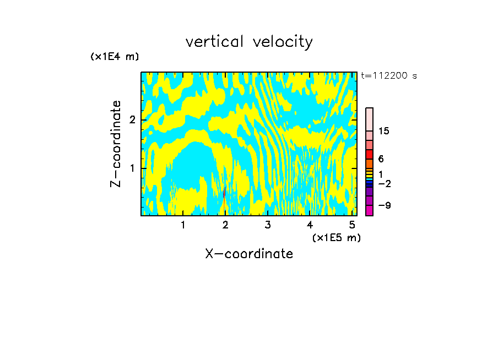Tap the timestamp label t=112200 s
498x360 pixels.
click(x=389, y=76)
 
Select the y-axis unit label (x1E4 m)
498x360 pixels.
click(x=115, y=57)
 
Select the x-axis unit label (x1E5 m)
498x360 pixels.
click(x=336, y=237)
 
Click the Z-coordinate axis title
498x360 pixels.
click(x=116, y=144)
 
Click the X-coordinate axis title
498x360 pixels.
click(x=249, y=254)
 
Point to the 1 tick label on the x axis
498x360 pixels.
click(x=183, y=225)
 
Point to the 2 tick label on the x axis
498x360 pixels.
click(x=225, y=225)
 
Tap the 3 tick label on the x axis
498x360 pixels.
click(x=268, y=225)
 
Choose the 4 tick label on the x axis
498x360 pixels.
click(x=310, y=225)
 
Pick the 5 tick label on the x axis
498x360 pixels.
click(x=352, y=225)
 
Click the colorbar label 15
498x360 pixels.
click(x=384, y=132)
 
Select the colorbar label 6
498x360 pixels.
click(x=381, y=159)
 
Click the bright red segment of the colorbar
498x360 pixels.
click(x=369, y=154)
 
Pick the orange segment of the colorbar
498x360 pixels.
click(x=369, y=163)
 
